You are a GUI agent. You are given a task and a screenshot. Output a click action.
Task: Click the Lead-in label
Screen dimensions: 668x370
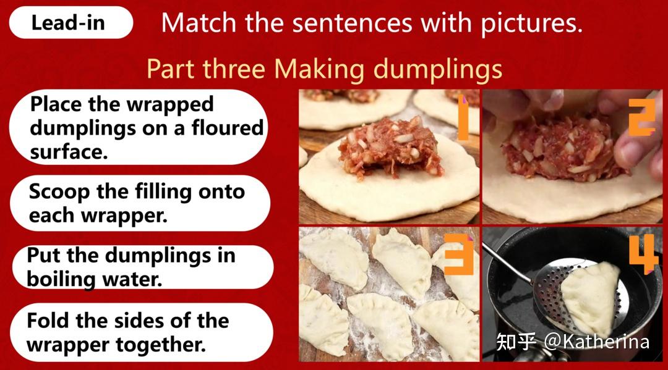68,22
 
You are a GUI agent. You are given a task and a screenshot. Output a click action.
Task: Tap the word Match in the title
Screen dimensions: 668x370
199,23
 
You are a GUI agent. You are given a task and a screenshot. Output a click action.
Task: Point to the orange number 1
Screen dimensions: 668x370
463,118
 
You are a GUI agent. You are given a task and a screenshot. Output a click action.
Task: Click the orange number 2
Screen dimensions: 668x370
641,117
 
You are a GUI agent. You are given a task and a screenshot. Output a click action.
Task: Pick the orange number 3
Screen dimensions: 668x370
459,254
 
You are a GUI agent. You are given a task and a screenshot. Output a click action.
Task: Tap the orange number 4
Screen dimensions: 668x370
644,253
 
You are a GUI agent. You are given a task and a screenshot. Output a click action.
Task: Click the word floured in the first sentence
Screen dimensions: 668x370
228,128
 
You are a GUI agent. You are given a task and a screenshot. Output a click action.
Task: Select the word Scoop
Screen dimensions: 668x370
59,193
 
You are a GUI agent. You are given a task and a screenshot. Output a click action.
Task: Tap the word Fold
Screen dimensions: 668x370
48,320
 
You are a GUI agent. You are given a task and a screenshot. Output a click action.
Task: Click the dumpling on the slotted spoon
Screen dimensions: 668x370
591,298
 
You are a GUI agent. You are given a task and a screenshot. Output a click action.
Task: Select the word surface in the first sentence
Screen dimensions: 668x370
69,152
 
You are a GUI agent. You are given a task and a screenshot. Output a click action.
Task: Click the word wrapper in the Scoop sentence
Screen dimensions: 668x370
124,216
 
